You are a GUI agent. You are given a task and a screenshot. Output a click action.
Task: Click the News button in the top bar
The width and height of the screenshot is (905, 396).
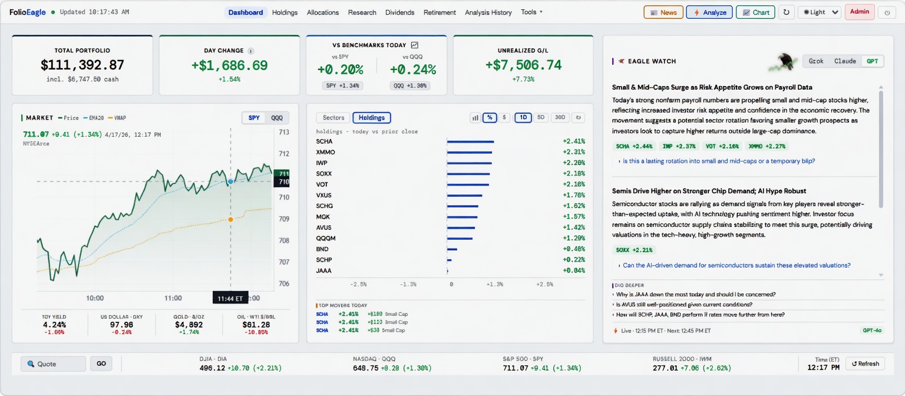click(663, 12)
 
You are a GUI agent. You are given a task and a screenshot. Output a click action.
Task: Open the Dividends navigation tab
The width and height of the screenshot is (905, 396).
click(399, 12)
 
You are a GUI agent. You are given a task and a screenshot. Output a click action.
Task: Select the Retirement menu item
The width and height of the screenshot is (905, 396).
click(440, 12)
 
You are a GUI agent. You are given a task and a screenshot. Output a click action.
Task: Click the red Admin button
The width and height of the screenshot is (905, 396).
click(859, 12)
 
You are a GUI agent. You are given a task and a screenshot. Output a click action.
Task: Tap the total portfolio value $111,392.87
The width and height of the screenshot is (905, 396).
click(82, 65)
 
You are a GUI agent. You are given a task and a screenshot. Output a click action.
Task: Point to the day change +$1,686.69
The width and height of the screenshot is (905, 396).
click(229, 65)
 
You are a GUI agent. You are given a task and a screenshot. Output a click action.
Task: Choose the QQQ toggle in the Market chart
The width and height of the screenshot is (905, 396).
click(276, 118)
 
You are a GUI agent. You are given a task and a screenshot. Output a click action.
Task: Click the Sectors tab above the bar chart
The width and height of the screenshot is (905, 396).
click(333, 118)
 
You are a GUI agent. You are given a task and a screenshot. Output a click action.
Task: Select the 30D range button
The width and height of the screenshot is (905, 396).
click(559, 118)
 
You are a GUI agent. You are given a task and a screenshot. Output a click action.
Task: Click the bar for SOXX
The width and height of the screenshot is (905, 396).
click(468, 174)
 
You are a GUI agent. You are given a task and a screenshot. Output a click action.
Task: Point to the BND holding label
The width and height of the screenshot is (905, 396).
click(322, 249)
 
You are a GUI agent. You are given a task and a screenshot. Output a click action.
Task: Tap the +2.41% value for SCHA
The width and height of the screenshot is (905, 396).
click(573, 141)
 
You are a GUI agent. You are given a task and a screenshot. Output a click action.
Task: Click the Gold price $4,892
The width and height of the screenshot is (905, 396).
click(189, 325)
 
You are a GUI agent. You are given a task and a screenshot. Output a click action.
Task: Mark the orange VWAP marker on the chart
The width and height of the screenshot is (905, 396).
click(230, 219)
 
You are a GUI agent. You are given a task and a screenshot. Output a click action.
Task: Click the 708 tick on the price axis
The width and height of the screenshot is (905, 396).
click(284, 240)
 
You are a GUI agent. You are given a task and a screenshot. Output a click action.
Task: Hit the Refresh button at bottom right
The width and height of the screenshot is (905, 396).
click(865, 364)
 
